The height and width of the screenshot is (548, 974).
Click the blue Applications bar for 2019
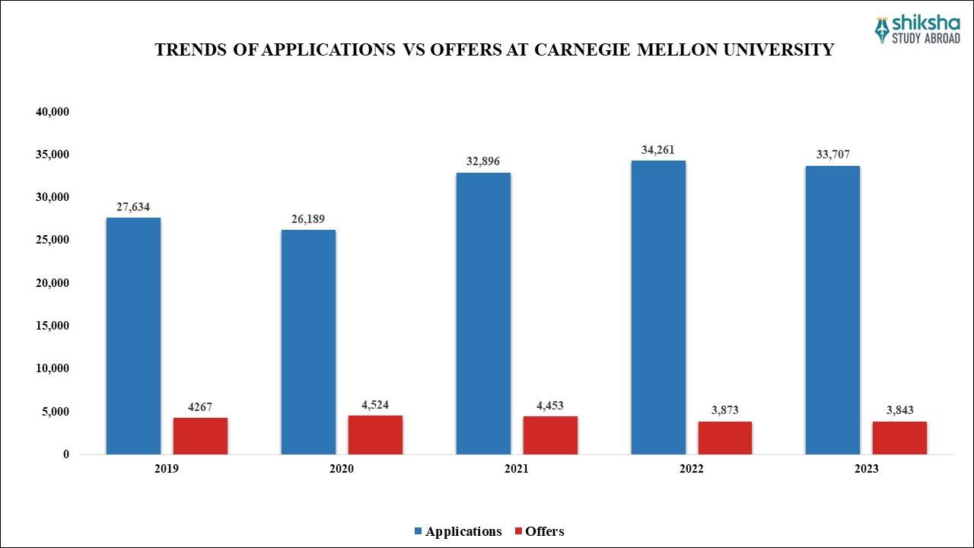(x=133, y=336)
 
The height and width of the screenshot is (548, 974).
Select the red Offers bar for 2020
(x=375, y=435)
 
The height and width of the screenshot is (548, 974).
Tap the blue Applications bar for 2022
(x=658, y=307)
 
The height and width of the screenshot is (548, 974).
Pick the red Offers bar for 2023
(x=899, y=438)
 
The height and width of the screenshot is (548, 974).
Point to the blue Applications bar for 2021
(x=483, y=314)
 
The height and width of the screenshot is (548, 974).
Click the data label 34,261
(x=657, y=150)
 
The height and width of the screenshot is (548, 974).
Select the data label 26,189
(x=308, y=219)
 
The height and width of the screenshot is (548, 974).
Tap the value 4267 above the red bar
(x=200, y=406)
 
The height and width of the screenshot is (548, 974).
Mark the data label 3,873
(x=724, y=410)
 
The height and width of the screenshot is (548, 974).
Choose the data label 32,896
(x=483, y=161)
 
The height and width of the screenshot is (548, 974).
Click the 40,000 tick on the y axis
(x=53, y=112)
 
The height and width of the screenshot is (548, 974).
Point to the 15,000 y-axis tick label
(x=53, y=326)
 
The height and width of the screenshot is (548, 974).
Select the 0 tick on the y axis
(x=66, y=454)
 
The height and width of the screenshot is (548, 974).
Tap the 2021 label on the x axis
(x=516, y=469)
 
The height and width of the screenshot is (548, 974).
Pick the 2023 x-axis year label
(x=866, y=469)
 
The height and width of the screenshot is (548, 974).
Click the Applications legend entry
(x=457, y=531)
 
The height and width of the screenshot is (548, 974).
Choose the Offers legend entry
(x=540, y=531)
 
